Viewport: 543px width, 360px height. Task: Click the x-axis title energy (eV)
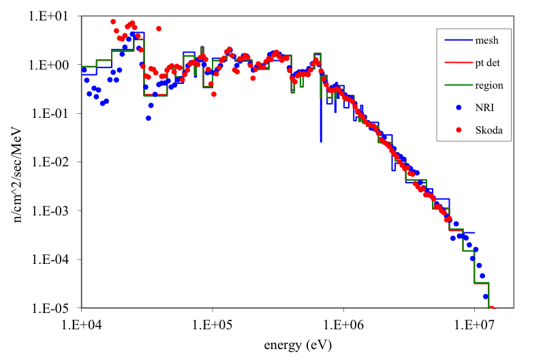pyautogui.click(x=297, y=344)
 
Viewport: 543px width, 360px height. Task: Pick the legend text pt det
pyautogui.click(x=488, y=63)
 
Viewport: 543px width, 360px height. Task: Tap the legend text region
pyautogui.click(x=488, y=85)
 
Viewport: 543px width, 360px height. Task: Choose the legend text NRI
pyautogui.click(x=484, y=107)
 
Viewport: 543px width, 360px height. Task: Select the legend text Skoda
pyautogui.click(x=487, y=130)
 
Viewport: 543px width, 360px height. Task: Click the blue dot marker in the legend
pyautogui.click(x=459, y=107)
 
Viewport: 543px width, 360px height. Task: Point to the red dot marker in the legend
pyautogui.click(x=459, y=130)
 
